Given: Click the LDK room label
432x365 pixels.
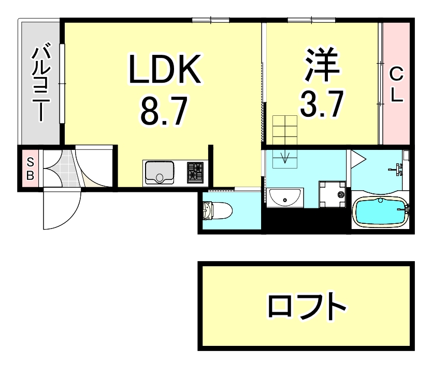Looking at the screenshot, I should click(x=165, y=71).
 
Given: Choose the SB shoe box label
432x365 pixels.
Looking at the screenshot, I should click(x=30, y=168).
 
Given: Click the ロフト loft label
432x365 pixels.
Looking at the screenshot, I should click(x=306, y=307).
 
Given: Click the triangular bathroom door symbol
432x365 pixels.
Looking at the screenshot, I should click(x=357, y=157).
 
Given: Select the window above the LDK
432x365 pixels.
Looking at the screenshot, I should click(x=211, y=21).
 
